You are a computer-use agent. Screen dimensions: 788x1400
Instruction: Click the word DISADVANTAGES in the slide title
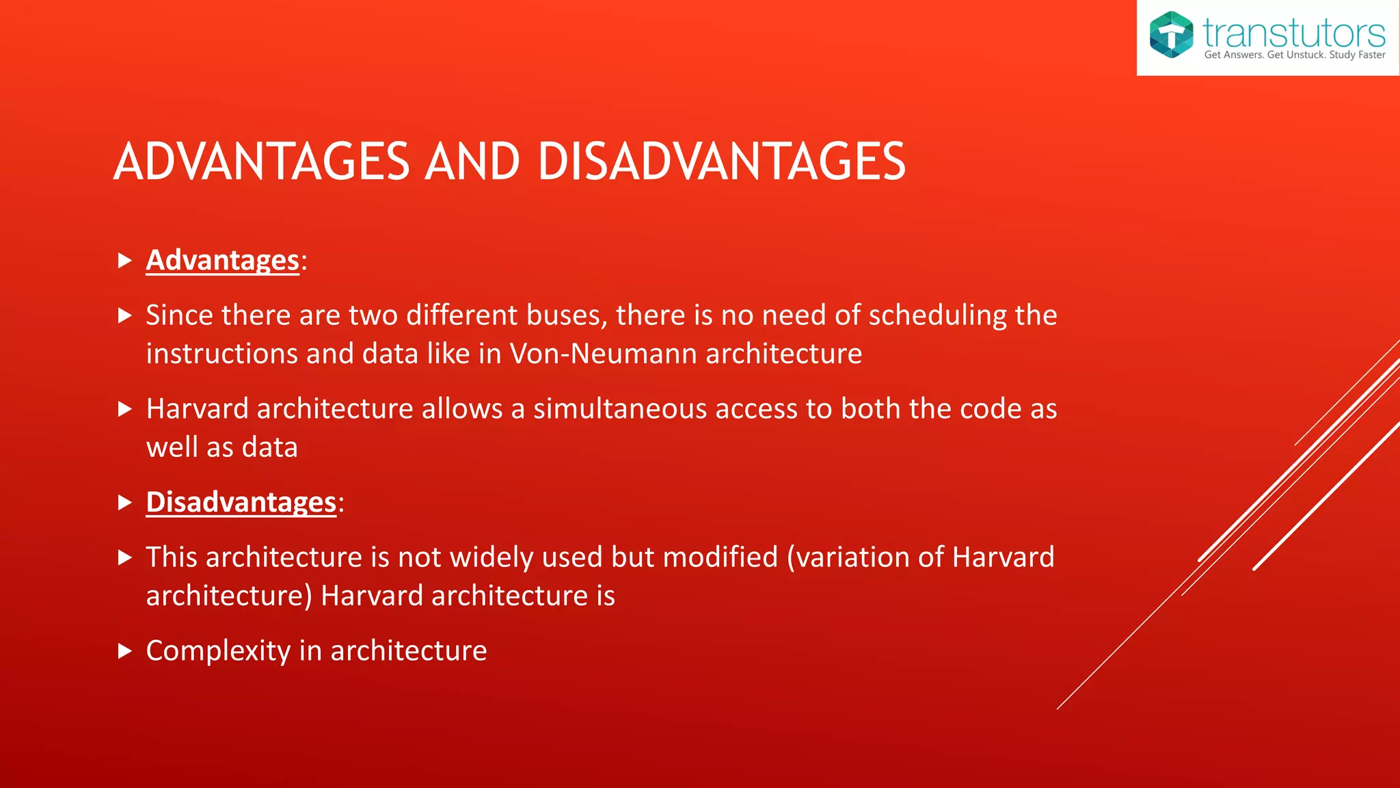pos(721,162)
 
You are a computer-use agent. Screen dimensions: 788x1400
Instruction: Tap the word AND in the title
pos(472,162)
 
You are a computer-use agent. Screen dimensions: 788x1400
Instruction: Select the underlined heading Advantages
pos(222,261)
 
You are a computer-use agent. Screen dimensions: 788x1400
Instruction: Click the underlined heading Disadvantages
pos(241,503)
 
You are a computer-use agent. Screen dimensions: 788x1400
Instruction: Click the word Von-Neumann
pos(604,354)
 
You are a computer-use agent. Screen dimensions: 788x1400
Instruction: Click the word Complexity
pos(218,651)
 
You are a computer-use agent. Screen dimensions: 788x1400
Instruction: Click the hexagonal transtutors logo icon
pos(1171,34)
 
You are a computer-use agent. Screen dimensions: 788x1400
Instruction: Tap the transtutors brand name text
pos(1293,32)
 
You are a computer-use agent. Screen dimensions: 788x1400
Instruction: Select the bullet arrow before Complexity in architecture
pos(124,651)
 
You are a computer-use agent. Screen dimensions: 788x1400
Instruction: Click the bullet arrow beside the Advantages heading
pos(124,261)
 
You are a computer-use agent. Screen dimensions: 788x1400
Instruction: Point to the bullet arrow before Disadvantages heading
pos(124,503)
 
